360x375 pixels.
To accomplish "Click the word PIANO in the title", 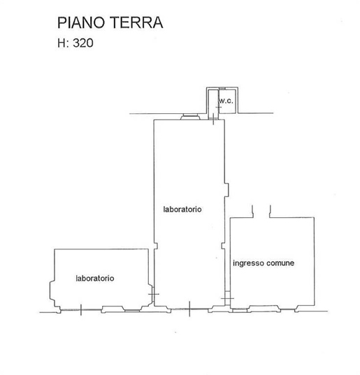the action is coord(81,23).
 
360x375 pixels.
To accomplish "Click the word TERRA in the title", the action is coord(137,23).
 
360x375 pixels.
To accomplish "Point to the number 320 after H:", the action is coord(83,43).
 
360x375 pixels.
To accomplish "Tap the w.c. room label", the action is coord(226,101).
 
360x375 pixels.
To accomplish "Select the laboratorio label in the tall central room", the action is coord(182,209).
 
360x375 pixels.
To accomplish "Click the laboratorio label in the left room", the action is coord(95,278).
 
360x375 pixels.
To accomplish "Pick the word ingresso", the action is coord(249,263).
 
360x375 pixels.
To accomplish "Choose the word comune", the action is coord(280,263).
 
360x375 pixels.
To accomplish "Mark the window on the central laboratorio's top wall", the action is coord(190,117).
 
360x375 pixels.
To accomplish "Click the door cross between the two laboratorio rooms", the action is coord(153,294).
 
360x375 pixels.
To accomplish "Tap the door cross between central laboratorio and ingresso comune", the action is coord(227,298).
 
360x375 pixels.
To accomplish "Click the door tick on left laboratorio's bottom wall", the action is coord(81,310).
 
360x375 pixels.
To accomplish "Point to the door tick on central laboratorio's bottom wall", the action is coord(189,309).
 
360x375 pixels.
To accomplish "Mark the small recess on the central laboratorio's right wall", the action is coord(226,190).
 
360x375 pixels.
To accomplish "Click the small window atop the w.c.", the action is coord(222,89).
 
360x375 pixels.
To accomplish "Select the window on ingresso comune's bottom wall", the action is coord(264,309).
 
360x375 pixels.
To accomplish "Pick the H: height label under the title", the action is coord(64,43).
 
